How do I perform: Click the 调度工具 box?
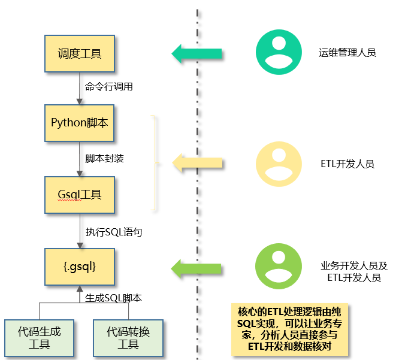point(80,54)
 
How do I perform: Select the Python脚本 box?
point(80,123)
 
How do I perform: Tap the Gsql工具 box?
point(80,195)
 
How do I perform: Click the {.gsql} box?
point(80,265)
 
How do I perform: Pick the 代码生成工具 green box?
point(39,337)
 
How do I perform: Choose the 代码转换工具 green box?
point(128,337)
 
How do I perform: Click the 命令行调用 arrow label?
point(109,86)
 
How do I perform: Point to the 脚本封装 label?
point(105,159)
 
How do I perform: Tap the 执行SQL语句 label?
point(114,231)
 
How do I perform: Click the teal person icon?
point(279,52)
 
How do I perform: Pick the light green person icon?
point(279,267)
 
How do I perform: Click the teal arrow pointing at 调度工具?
point(197,53)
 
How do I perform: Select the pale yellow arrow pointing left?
point(197,162)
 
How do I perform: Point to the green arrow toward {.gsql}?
point(197,267)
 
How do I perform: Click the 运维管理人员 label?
point(347,53)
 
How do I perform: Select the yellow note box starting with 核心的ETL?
point(289,329)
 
